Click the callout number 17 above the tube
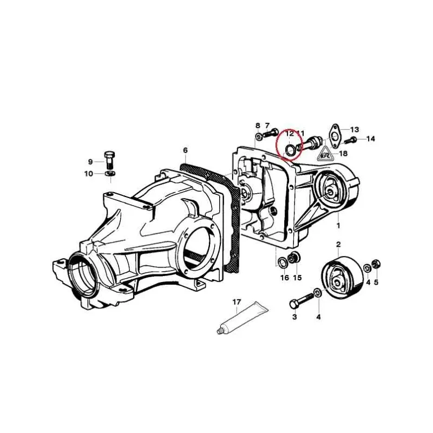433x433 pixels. coord(237,302)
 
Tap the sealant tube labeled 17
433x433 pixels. coord(242,318)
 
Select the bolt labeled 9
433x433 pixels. coord(110,160)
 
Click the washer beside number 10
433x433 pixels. coord(110,174)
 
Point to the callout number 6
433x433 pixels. coord(185,150)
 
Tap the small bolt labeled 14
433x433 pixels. coord(350,140)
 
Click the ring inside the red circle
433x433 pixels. coord(290,149)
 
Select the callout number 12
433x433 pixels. coord(290,134)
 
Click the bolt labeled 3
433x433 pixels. coord(301,301)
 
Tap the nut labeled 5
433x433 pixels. coord(375,264)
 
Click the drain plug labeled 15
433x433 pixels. coord(293,258)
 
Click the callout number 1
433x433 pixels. coord(338,225)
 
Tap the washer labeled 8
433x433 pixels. coord(259,136)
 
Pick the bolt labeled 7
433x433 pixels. coord(271,134)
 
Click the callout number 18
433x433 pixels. coord(343,153)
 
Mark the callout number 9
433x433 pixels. coord(90,161)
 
